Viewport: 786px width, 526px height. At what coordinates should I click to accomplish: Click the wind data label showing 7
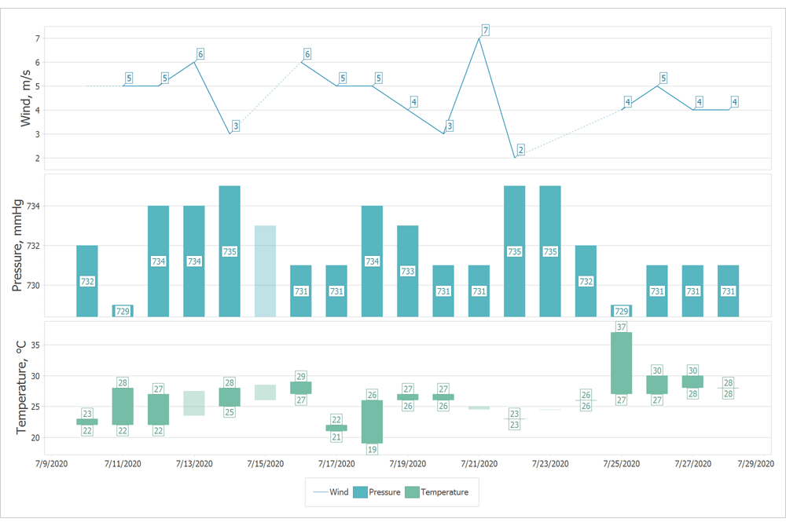click(485, 31)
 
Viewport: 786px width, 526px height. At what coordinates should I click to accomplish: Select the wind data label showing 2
click(520, 150)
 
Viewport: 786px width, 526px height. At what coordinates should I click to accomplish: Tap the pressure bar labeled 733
click(407, 271)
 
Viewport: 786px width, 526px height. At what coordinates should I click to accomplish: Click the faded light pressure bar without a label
click(265, 271)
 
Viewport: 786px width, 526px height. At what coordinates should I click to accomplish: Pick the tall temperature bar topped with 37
click(621, 363)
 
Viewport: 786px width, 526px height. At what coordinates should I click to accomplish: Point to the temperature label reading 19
click(372, 450)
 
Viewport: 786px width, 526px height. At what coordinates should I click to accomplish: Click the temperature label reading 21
click(336, 437)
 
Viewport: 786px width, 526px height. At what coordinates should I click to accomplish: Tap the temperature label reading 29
click(301, 376)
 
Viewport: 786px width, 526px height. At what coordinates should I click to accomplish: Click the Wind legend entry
click(330, 492)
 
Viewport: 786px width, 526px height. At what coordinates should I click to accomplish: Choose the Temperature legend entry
click(439, 492)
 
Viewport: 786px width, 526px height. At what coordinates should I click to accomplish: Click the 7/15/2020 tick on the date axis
click(265, 464)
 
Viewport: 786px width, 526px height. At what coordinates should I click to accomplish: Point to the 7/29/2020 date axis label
click(755, 464)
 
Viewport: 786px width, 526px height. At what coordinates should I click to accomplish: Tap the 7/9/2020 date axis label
click(52, 464)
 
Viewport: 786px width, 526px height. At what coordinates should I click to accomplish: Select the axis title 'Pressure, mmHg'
click(17, 246)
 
